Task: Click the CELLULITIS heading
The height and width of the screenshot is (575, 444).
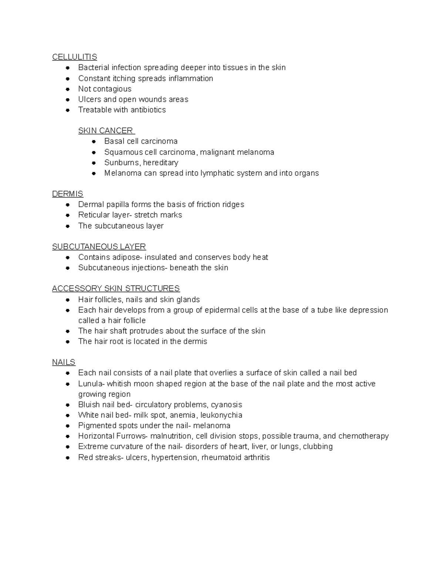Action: click(74, 57)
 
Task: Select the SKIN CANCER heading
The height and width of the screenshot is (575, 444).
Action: click(105, 131)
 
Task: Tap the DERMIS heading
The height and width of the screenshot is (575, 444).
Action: click(67, 194)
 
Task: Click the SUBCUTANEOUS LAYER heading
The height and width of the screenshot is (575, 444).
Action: click(99, 247)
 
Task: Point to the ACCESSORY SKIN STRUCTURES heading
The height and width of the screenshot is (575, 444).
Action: click(116, 288)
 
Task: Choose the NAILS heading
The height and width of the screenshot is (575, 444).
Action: click(64, 362)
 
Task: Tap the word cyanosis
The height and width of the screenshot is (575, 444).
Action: click(226, 405)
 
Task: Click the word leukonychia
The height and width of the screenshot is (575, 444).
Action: click(221, 415)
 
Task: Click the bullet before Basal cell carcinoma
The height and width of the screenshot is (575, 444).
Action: click(94, 141)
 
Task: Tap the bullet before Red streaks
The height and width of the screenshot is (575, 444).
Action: click(68, 458)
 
